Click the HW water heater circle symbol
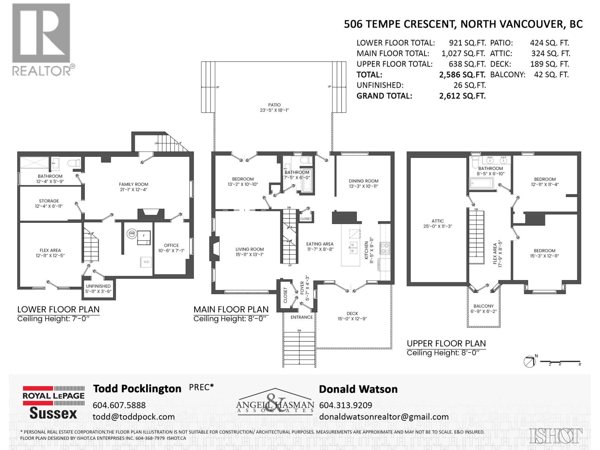[x=132, y=234]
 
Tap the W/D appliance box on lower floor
[x=146, y=261]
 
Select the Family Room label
[x=133, y=184]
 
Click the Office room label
[x=171, y=245]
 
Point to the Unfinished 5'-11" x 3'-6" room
[x=98, y=288]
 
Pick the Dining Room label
[x=363, y=181]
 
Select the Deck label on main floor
[x=352, y=313]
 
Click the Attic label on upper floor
[x=437, y=221]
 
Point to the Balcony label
[x=483, y=306]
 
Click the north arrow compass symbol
[x=529, y=361]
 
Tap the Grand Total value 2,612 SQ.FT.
[x=462, y=96]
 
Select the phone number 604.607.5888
[x=119, y=405]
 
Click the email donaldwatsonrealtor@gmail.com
[x=384, y=417]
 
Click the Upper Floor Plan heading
[x=446, y=343]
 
